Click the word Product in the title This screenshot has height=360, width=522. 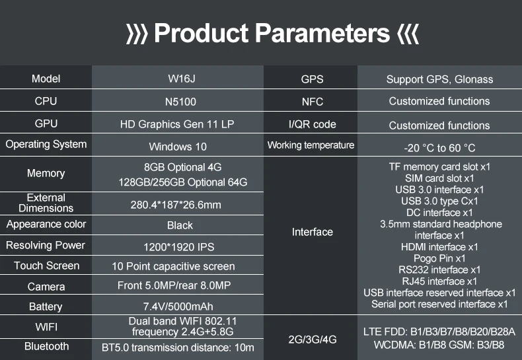coord(202,33)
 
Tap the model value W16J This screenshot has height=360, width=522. coord(182,79)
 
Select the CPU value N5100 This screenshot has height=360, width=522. coord(180,102)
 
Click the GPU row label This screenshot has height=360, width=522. coord(46,124)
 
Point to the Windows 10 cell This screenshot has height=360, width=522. coord(178,147)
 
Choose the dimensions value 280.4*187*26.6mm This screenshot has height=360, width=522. coord(176,205)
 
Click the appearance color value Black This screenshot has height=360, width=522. coord(180,225)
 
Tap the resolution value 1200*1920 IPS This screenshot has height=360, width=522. coord(179,247)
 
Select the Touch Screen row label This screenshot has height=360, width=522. coord(47,266)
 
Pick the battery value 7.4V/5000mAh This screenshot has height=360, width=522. coord(178,306)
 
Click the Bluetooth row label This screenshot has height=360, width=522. coord(47,346)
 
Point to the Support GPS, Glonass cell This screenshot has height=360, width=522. coord(439,79)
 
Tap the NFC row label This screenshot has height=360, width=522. coord(313,102)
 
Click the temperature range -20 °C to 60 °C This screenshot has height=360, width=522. coord(439,148)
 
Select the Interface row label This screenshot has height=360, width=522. coord(313,232)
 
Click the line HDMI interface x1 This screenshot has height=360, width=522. coord(439,247)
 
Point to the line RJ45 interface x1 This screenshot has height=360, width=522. coord(439,281)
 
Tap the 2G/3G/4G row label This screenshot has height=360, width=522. coord(313,340)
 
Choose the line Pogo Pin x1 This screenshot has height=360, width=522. coord(439,258)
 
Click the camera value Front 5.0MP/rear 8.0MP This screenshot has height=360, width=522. coord(174,285)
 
